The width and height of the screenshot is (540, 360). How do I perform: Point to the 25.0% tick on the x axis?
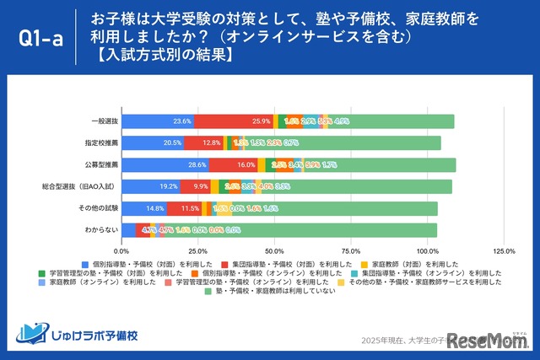(x=198, y=250)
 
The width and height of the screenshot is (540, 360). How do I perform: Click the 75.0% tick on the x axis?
(x=351, y=250)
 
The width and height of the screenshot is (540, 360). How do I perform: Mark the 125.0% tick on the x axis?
(x=504, y=250)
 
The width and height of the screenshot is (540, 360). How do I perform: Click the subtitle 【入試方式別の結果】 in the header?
(x=164, y=56)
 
